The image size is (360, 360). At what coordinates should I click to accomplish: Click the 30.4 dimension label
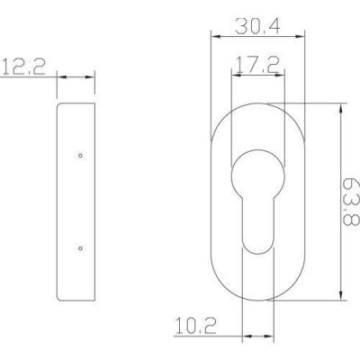point(257,26)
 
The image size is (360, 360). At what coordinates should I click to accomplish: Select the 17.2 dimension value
point(258,65)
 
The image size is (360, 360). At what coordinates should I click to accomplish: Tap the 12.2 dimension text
point(23,67)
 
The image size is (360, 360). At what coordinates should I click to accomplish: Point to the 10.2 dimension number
point(195,326)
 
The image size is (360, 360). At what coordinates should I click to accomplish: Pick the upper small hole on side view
point(80,156)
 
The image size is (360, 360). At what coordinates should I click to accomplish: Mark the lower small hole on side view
point(80,248)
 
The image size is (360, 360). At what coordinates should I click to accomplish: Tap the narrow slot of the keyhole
point(258,225)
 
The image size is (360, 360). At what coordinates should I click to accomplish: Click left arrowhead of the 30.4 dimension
point(216,37)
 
